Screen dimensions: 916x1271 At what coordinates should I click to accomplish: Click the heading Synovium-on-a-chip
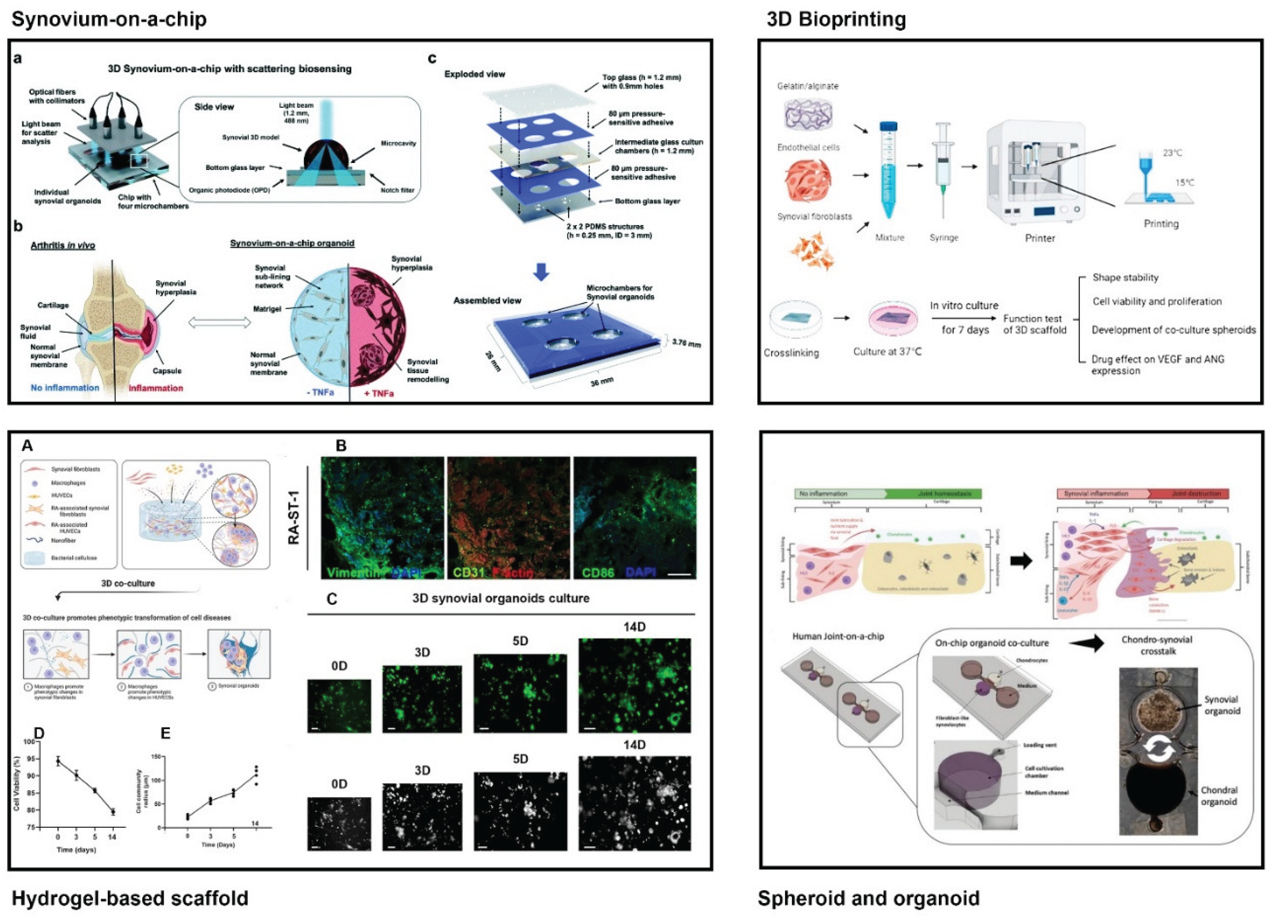(x=109, y=19)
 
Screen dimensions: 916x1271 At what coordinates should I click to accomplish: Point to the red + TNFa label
(x=379, y=393)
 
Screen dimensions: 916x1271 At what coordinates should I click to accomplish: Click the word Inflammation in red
(x=156, y=388)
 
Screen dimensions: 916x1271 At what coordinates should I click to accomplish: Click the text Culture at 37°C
(x=887, y=352)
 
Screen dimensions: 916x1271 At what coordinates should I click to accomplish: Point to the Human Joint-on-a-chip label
(x=838, y=636)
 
